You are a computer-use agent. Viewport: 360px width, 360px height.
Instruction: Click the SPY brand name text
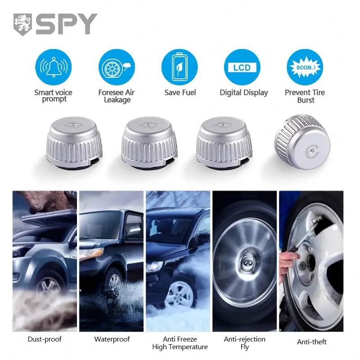pyautogui.click(x=67, y=24)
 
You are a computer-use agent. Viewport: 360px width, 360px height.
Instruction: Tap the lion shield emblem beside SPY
pyautogui.click(x=22, y=24)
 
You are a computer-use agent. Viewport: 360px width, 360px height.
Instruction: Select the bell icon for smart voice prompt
pyautogui.click(x=53, y=67)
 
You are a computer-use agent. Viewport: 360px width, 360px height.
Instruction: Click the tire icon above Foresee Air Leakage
pyautogui.click(x=116, y=67)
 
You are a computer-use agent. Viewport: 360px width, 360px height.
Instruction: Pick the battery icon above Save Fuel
pyautogui.click(x=180, y=67)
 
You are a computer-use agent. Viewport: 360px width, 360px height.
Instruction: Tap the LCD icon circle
pyautogui.click(x=243, y=67)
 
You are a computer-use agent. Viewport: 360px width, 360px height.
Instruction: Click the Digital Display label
pyautogui.click(x=243, y=93)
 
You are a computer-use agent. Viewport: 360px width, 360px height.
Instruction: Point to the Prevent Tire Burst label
pyautogui.click(x=305, y=96)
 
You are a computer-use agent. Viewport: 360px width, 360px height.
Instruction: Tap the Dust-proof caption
pyautogui.click(x=45, y=339)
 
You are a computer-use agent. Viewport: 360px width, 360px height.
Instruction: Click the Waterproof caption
pyautogui.click(x=112, y=339)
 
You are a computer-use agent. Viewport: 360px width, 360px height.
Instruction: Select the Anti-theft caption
pyautogui.click(x=312, y=342)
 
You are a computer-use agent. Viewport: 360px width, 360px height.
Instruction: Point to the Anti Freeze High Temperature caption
pyautogui.click(x=180, y=343)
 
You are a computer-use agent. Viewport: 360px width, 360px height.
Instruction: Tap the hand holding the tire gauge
pyautogui.click(x=288, y=261)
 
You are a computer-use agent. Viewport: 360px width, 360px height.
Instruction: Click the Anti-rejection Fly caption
pyautogui.click(x=245, y=343)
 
